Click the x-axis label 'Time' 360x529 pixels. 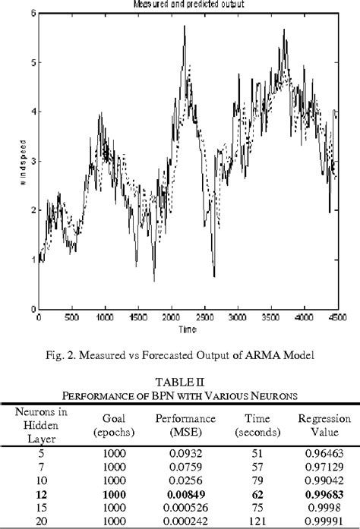coord(186,330)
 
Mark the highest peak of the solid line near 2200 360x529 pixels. coord(184,27)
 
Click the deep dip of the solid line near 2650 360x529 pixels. coord(214,276)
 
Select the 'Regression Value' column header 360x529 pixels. coord(324,425)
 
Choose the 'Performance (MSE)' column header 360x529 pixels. coord(185,425)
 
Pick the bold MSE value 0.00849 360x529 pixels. coord(185,493)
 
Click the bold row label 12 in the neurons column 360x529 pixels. coord(41,493)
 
